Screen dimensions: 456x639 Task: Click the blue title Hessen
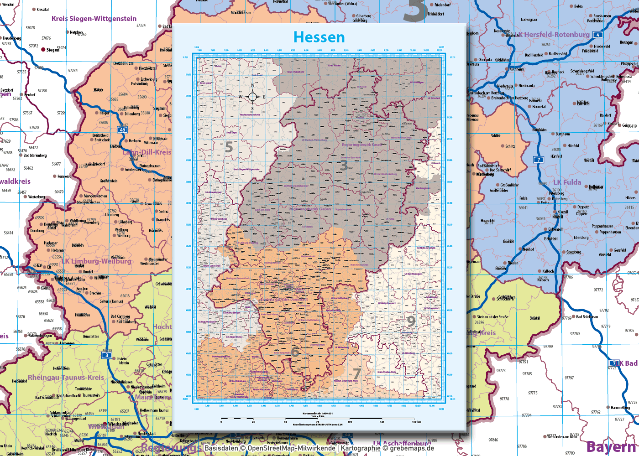click(319, 37)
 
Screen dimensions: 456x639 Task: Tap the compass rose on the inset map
click(252, 96)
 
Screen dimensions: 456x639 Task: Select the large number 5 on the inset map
click(229, 147)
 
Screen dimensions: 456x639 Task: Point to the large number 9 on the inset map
click(411, 321)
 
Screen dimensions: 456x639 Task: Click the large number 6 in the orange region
click(295, 352)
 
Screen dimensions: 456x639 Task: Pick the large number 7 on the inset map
click(357, 374)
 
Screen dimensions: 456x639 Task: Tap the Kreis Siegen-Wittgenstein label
click(94, 19)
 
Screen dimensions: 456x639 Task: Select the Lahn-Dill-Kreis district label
click(147, 152)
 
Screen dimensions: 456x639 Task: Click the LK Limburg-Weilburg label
click(96, 261)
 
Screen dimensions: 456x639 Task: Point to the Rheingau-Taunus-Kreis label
click(66, 378)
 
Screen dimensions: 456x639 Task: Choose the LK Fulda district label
click(567, 182)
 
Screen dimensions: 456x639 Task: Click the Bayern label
click(611, 447)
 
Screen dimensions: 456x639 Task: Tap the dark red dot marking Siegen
click(43, 49)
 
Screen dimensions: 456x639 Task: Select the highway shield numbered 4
click(597, 35)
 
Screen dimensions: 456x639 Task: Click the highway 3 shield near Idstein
click(107, 355)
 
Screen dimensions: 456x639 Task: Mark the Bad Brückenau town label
click(587, 317)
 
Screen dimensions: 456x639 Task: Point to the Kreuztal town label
click(42, 10)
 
